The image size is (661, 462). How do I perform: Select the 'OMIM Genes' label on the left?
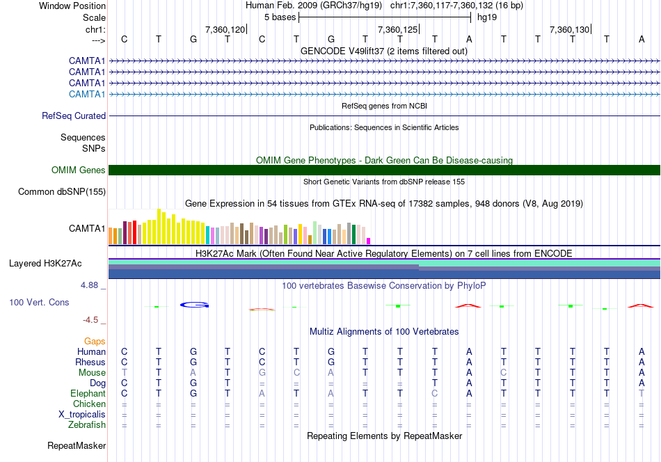tap(79, 170)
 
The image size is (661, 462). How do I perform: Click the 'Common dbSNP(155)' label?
tap(62, 192)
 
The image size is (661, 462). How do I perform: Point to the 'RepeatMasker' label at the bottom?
tap(77, 445)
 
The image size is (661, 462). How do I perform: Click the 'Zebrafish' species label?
tap(87, 425)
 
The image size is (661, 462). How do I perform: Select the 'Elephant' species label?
tap(87, 394)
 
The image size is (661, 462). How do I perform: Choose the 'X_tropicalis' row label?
tap(82, 415)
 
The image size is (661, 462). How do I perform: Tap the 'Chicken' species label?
tap(89, 404)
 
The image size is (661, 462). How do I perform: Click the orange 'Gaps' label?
tap(95, 342)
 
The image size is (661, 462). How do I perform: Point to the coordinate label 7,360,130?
tap(570, 29)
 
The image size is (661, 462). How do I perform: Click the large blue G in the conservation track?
tap(194, 304)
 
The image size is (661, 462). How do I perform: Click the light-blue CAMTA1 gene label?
tap(87, 94)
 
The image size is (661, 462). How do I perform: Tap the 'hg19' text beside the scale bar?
tap(487, 17)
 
